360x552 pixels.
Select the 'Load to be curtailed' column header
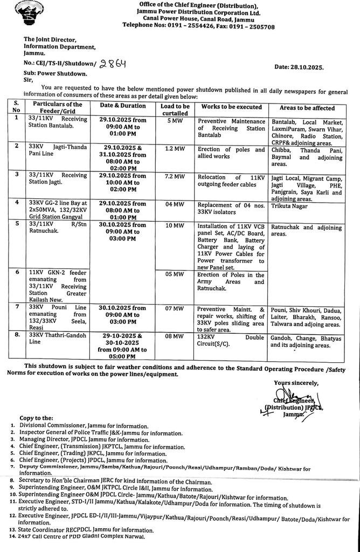[175, 110]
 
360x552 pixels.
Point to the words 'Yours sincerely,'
[296, 383]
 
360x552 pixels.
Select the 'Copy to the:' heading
[36, 418]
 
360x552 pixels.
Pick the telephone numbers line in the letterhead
[198, 25]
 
